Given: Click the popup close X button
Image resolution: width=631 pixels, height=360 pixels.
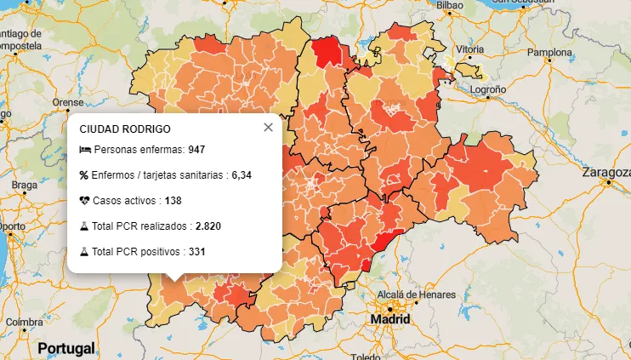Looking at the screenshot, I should (x=269, y=128).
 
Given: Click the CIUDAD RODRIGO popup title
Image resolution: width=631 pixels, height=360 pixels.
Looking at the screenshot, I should (x=124, y=129).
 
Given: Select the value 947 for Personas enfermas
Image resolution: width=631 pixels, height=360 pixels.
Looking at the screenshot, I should (x=196, y=150).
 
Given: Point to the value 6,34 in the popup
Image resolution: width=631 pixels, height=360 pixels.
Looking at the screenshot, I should (x=241, y=175).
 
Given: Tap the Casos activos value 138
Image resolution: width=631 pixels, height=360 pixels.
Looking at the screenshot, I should (x=173, y=201).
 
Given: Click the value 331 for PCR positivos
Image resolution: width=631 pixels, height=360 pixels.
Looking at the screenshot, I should (x=196, y=252).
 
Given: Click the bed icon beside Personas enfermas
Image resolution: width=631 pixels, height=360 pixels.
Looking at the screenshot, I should (x=84, y=150).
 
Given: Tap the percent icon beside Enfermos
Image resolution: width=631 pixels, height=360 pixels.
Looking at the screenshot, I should (x=84, y=175).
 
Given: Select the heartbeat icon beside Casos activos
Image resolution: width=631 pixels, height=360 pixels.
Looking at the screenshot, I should (x=84, y=201).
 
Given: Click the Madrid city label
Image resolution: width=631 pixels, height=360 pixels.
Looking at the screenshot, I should (x=389, y=320).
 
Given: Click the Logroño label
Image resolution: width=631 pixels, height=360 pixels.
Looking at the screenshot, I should (x=488, y=89).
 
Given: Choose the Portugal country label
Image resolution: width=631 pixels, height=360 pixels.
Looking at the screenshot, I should (x=65, y=349).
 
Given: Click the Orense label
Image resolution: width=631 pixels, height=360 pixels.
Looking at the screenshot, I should (x=68, y=102).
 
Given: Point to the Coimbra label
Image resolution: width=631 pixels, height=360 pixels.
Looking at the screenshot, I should (x=24, y=322).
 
